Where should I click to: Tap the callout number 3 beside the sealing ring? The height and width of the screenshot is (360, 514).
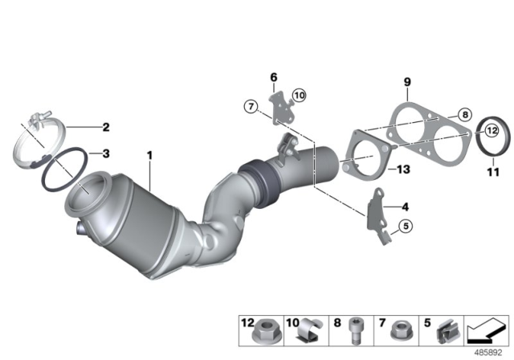pos(104,152)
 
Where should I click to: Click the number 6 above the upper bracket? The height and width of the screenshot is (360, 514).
pos(273,77)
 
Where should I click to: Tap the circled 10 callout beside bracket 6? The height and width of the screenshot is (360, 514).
pos(299,96)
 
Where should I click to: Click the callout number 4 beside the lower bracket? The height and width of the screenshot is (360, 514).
pos(405,207)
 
